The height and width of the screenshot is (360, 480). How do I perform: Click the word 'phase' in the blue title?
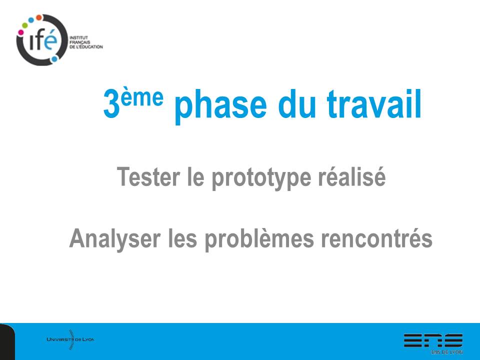click(x=220, y=105)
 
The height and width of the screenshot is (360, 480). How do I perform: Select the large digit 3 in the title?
click(x=111, y=104)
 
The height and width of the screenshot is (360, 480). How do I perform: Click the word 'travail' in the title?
click(x=374, y=104)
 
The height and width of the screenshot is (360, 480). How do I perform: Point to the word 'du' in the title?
click(x=296, y=104)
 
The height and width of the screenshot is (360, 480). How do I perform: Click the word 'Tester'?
click(x=148, y=176)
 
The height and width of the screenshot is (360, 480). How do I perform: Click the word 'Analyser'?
click(x=115, y=239)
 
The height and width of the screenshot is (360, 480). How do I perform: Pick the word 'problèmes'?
click(x=259, y=239)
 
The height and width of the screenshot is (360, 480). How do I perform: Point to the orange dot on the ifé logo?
click(x=39, y=17)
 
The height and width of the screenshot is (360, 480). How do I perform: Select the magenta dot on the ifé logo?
click(x=21, y=32)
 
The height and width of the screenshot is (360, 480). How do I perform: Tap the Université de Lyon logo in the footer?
click(x=70, y=339)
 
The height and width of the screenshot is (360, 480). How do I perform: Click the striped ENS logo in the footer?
click(x=433, y=340)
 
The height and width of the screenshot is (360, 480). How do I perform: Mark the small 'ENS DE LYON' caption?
click(x=447, y=352)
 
